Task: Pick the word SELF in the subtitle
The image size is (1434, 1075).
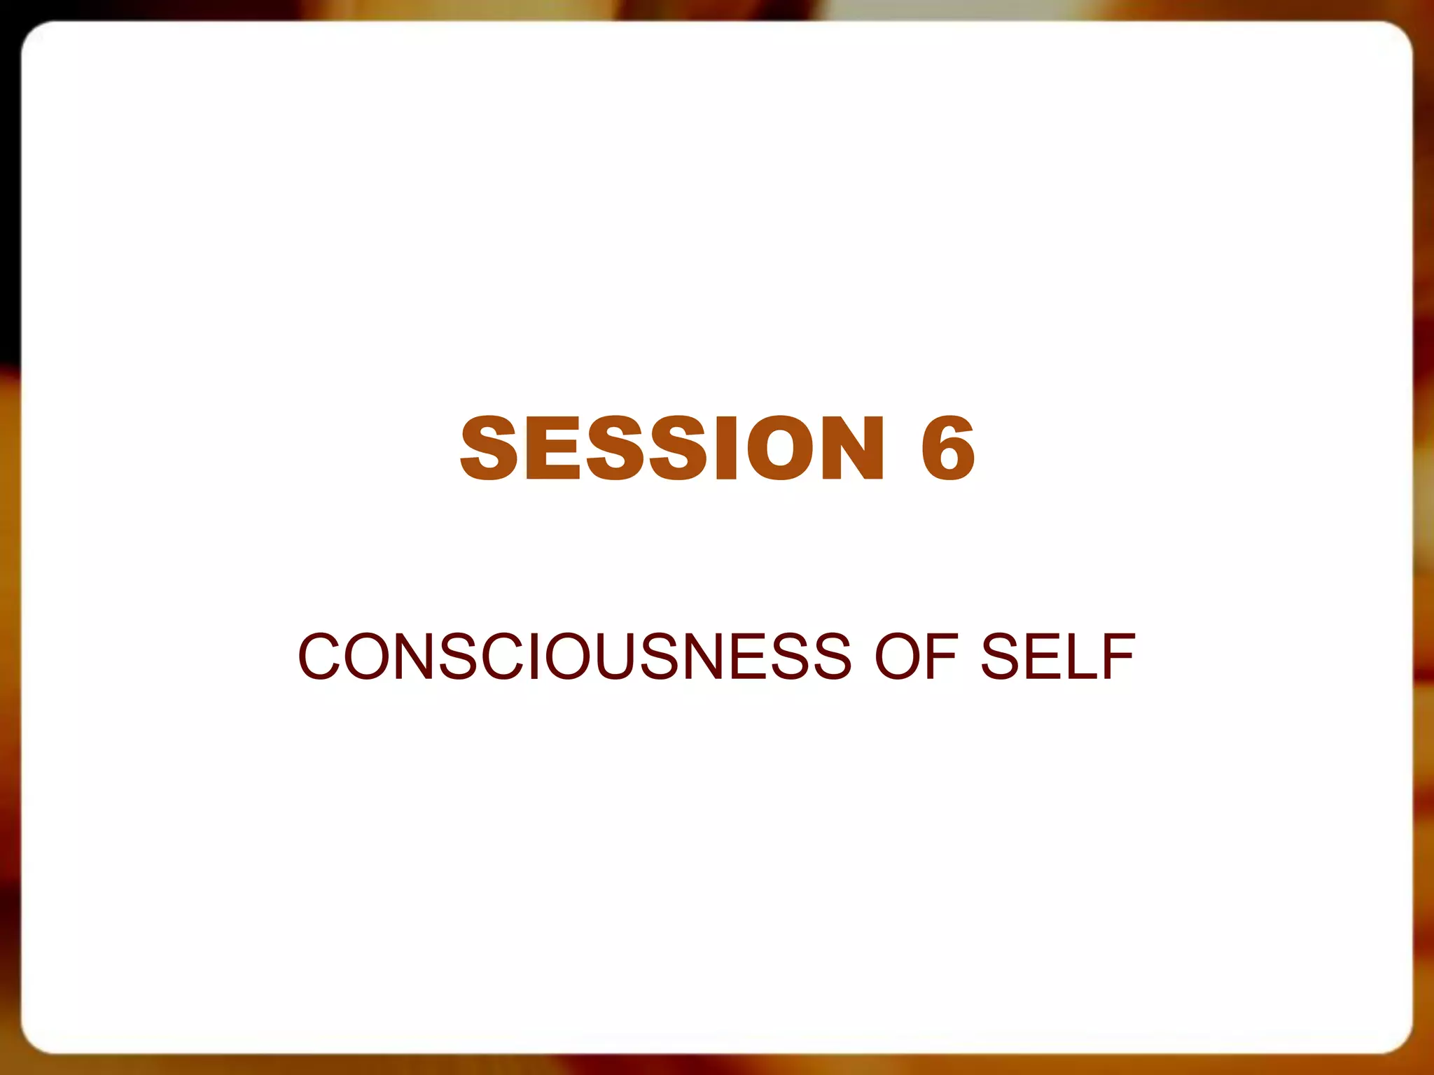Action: [x=1057, y=656]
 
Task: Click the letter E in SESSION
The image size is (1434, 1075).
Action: [x=553, y=448]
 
